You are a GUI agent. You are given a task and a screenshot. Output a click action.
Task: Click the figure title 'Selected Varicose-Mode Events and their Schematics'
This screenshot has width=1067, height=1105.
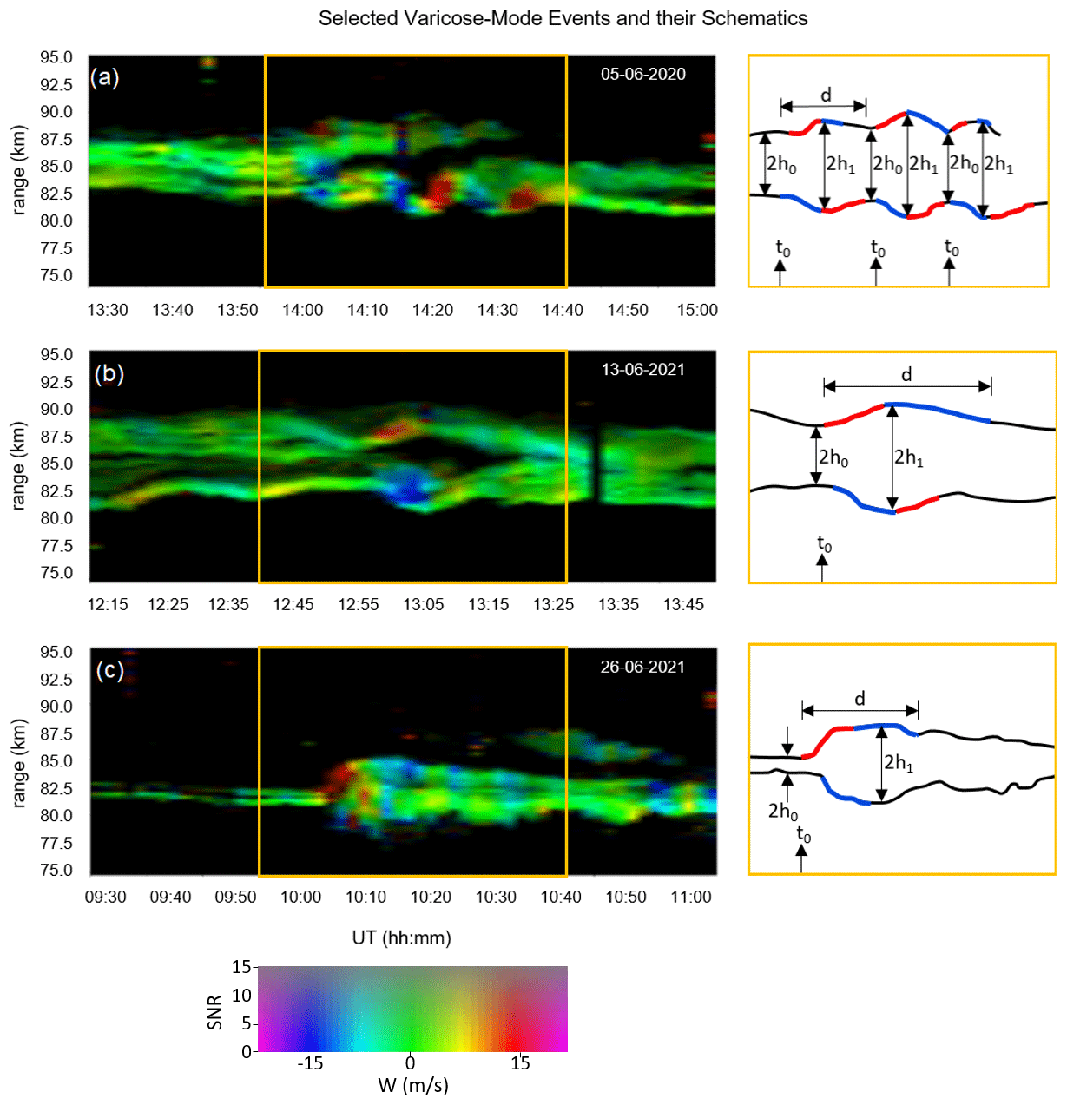(x=563, y=18)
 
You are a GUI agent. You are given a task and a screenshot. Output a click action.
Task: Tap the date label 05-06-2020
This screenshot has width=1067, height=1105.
(x=642, y=74)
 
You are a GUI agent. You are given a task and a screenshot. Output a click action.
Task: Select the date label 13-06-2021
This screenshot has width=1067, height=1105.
(x=642, y=370)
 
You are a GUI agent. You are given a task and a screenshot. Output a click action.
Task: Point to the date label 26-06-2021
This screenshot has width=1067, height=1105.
(x=642, y=667)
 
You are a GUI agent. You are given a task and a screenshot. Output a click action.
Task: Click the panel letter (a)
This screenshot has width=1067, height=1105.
(x=105, y=77)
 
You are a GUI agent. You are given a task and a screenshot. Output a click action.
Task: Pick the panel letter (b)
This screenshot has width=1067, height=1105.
(x=109, y=373)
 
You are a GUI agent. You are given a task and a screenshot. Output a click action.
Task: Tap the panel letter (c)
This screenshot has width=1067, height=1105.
(x=109, y=670)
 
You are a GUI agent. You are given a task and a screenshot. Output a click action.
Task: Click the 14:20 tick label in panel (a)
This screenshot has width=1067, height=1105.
(x=432, y=310)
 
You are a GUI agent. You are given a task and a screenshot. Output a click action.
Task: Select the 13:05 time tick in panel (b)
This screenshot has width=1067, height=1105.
(x=424, y=604)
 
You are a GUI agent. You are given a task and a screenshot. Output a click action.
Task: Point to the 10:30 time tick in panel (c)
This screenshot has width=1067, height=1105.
(x=496, y=897)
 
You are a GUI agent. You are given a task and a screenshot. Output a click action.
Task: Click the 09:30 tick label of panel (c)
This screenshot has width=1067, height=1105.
(x=105, y=897)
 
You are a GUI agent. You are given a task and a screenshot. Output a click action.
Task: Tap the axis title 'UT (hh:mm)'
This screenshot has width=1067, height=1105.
(x=401, y=937)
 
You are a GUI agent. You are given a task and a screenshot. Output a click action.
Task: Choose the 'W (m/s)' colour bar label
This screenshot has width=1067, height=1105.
(x=413, y=1085)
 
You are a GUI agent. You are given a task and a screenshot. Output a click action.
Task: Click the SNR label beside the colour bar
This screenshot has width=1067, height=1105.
(x=215, y=1011)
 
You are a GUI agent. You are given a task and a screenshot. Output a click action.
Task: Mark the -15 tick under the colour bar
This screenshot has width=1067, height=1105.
(x=310, y=1063)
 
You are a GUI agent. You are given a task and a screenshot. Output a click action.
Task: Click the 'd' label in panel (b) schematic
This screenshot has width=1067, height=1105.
(x=906, y=374)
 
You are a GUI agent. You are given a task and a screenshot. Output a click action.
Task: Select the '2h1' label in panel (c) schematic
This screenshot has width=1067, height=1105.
(x=899, y=763)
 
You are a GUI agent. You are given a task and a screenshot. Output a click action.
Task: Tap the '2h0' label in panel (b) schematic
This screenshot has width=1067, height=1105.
(x=833, y=457)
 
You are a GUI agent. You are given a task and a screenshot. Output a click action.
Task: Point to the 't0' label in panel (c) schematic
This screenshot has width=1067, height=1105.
(x=804, y=835)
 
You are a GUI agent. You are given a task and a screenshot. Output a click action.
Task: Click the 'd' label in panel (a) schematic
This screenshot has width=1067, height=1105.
(x=826, y=95)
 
